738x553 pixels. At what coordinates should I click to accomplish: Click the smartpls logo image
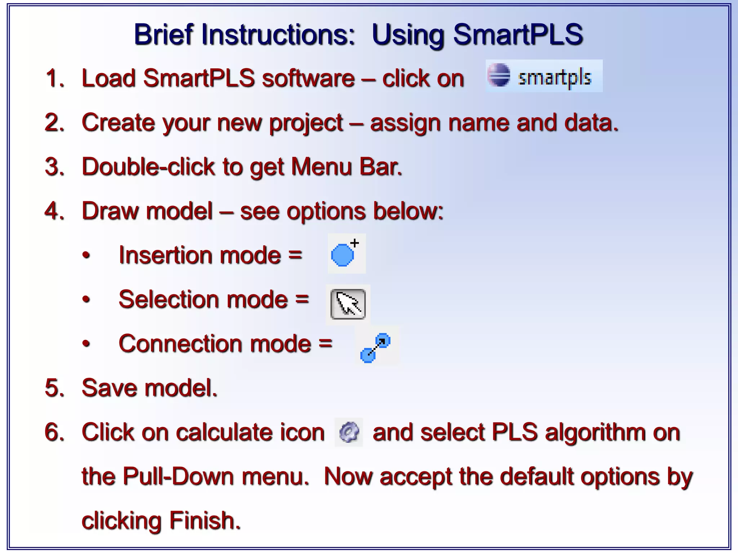point(543,76)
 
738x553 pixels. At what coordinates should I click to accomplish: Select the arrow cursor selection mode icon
point(348,304)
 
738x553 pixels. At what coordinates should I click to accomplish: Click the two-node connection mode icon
point(375,347)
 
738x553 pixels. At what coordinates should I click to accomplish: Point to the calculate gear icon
point(348,432)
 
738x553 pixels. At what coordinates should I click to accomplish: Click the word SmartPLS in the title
point(518,35)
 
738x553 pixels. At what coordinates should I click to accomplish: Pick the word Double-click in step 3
point(148,167)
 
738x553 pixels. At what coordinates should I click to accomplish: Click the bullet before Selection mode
point(86,300)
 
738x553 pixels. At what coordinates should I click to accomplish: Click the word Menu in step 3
point(321,167)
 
